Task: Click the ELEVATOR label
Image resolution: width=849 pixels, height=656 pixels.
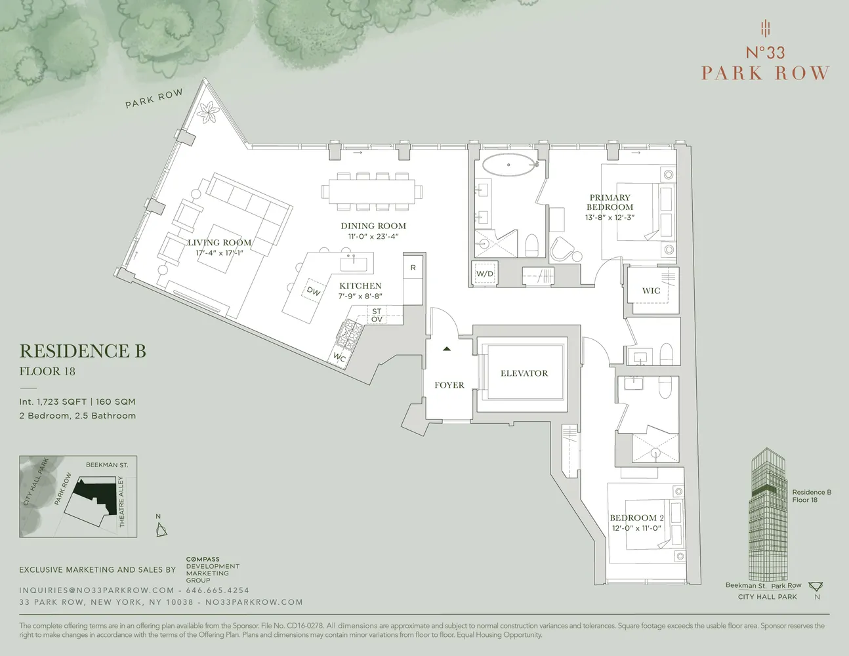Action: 524,373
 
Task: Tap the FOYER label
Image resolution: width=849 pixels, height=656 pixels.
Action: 449,385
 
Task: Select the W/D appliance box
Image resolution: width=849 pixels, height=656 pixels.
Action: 485,274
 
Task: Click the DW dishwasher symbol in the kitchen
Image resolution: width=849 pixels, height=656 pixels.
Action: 314,291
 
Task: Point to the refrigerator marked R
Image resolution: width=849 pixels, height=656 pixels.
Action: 413,268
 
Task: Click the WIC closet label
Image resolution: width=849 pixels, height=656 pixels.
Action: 651,291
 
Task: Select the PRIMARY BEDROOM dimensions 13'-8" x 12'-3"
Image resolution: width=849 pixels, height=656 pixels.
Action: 610,217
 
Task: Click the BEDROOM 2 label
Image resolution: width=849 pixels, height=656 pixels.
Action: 636,518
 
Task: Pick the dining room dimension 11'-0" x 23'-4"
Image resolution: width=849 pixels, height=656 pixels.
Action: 373,236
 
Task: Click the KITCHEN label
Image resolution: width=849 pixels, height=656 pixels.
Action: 360,286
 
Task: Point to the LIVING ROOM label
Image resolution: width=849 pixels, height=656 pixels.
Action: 220,243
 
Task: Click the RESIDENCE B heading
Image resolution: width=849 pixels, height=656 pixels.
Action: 83,352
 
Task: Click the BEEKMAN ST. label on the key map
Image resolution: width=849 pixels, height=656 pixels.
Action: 106,464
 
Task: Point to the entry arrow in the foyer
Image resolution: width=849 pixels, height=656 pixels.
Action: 447,349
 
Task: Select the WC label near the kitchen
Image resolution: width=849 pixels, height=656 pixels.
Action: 339,358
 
